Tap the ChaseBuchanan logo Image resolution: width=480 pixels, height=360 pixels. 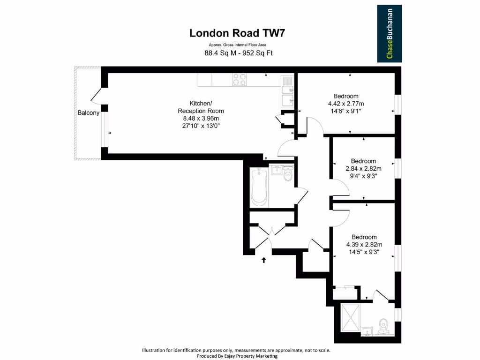pyautogui.click(x=389, y=34)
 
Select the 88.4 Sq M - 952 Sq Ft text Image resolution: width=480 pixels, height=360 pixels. pyautogui.click(x=239, y=53)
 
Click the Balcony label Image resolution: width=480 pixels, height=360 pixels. pyautogui.click(x=88, y=113)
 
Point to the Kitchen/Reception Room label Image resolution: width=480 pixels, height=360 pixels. pyautogui.click(x=201, y=107)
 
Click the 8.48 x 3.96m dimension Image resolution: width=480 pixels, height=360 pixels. pyautogui.click(x=201, y=119)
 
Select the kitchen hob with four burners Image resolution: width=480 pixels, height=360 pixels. pyautogui.click(x=240, y=80)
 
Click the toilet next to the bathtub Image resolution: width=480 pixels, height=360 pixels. pyautogui.click(x=287, y=175)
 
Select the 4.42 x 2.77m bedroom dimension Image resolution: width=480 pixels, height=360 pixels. pyautogui.click(x=346, y=104)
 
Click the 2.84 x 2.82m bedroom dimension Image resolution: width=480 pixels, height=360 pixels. pyautogui.click(x=363, y=169)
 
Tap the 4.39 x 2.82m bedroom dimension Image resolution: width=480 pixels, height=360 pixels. pyautogui.click(x=364, y=244)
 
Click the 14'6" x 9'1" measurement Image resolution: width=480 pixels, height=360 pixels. pyautogui.click(x=346, y=111)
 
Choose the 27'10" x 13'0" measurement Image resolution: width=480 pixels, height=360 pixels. pyautogui.click(x=201, y=126)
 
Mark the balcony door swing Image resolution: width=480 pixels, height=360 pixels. pyautogui.click(x=96, y=96)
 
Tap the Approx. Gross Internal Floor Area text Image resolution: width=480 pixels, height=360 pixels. pyautogui.click(x=238, y=45)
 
